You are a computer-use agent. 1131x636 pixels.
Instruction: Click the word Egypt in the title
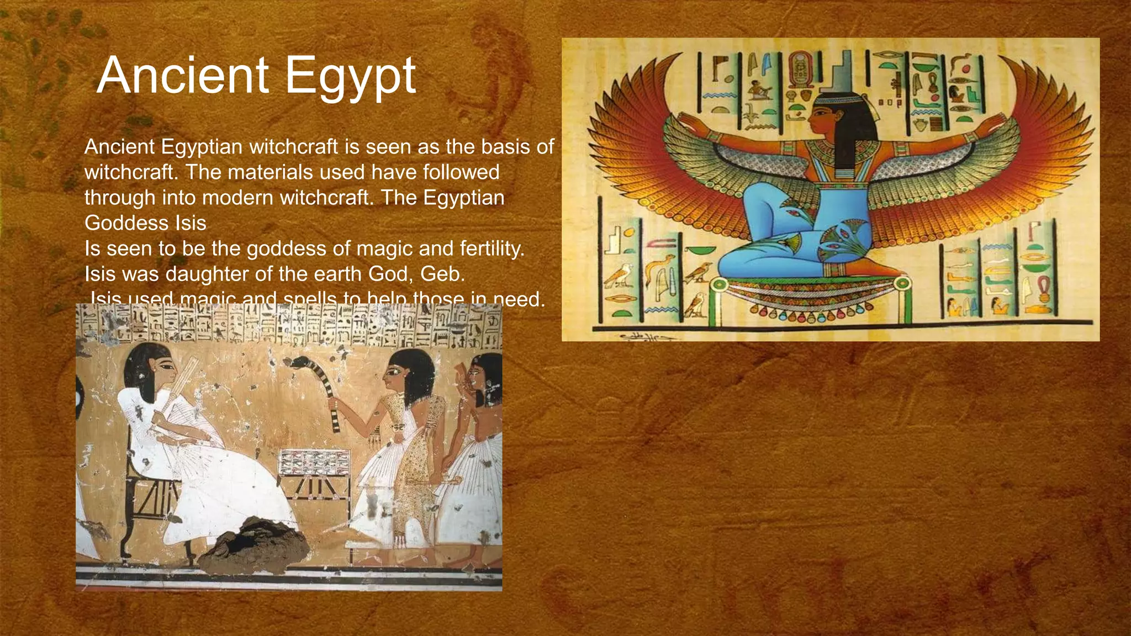(350, 77)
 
